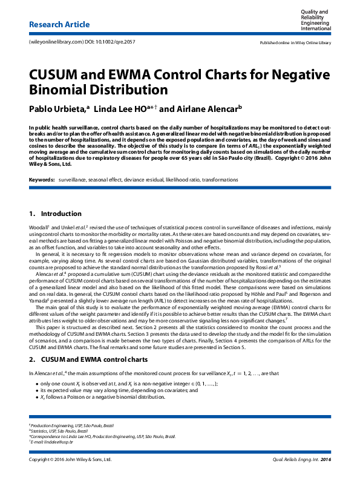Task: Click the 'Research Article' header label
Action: click(59, 25)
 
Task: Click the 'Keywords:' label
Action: click(41, 180)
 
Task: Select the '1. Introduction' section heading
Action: click(55, 214)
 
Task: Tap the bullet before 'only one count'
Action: click(38, 384)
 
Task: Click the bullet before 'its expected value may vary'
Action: click(38, 391)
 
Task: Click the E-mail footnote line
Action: click(52, 442)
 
